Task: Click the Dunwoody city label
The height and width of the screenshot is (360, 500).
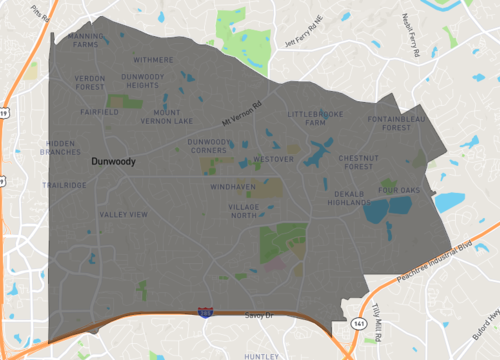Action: [x=113, y=160]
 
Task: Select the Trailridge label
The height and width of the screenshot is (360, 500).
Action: [x=65, y=185]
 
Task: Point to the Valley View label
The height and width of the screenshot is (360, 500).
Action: [x=123, y=214]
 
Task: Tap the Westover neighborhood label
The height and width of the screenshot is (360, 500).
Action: [x=274, y=159]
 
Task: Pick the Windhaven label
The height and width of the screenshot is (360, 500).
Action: [x=233, y=187]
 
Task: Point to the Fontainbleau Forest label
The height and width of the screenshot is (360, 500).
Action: [x=397, y=124]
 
